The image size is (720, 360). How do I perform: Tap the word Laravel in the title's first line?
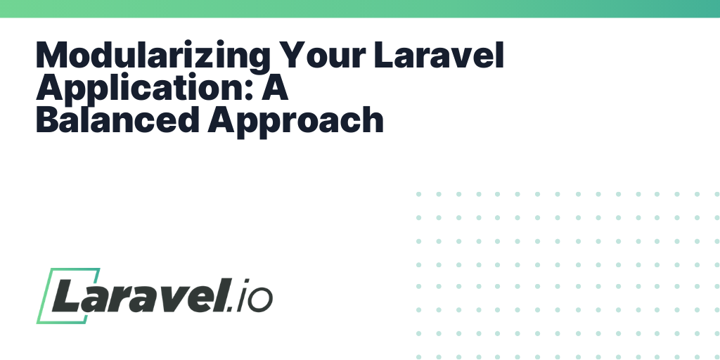(439, 55)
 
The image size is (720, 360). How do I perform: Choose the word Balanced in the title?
(117, 120)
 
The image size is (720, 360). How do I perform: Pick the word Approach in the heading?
(295, 122)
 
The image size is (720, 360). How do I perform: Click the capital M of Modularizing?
(51, 55)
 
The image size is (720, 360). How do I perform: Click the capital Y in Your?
(293, 55)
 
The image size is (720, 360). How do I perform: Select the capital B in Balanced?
(48, 120)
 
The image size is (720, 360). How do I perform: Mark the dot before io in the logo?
(231, 309)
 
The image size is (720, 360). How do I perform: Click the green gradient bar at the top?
(360, 8)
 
